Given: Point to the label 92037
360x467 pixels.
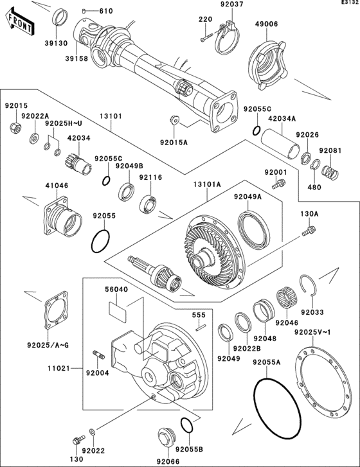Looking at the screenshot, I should pyautogui.click(x=215, y=5).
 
